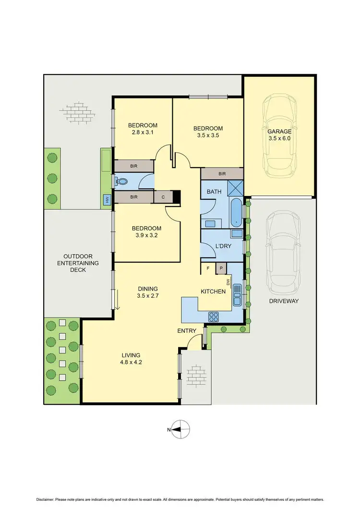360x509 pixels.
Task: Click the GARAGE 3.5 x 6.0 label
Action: (279, 134)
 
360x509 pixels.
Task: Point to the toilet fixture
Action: (123, 182)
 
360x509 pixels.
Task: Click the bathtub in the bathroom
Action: (237, 213)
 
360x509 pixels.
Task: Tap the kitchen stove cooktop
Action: (214, 316)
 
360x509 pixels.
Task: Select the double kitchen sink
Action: (237, 295)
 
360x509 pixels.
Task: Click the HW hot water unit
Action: (106, 200)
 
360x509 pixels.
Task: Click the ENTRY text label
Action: (187, 330)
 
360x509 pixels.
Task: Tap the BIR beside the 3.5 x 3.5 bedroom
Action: (222, 174)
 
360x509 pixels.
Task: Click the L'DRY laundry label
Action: (223, 245)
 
